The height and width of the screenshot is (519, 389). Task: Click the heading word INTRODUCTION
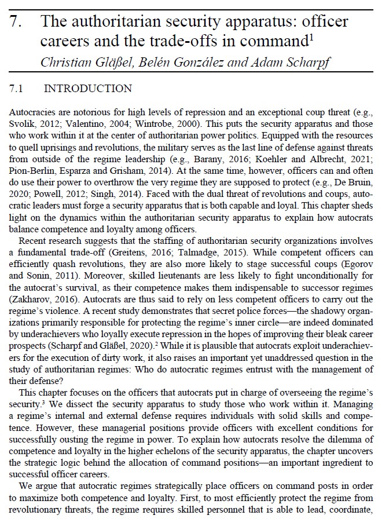coord(88,89)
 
